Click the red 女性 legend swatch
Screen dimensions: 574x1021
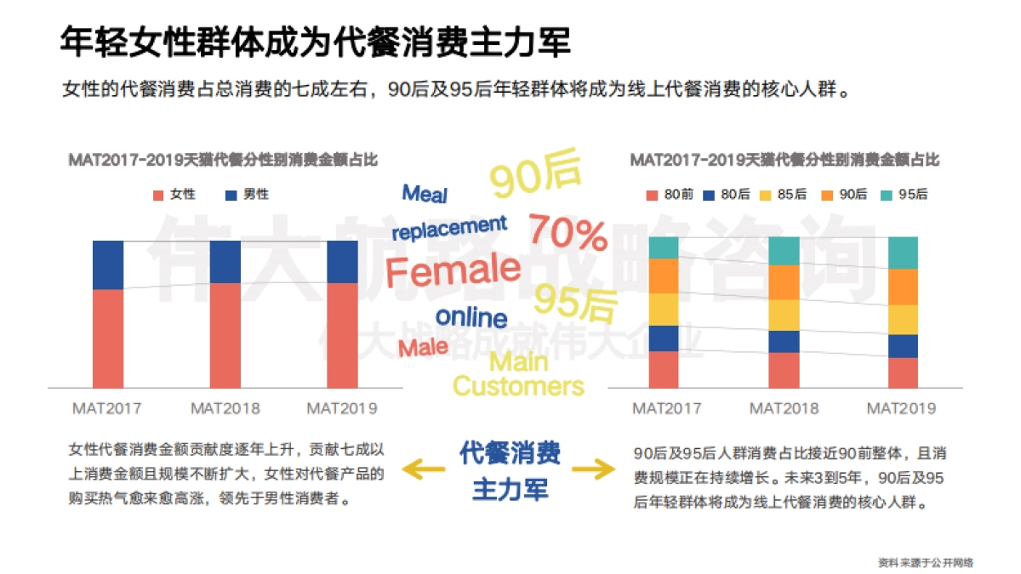click(x=158, y=195)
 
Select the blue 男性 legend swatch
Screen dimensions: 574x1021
click(x=231, y=195)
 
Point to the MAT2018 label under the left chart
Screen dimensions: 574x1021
click(x=225, y=408)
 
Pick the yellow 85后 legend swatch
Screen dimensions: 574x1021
click(x=767, y=195)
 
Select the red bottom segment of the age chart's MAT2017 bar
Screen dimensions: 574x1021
click(x=664, y=369)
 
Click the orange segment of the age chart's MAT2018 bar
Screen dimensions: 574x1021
click(x=784, y=281)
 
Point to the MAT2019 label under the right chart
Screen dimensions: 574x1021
click(x=901, y=408)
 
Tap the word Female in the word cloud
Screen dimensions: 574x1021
click(x=453, y=271)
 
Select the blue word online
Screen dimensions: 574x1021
click(x=471, y=317)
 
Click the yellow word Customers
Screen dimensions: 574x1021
click(x=518, y=386)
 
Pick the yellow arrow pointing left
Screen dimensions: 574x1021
click(x=423, y=468)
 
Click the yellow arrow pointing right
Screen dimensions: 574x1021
click(x=593, y=468)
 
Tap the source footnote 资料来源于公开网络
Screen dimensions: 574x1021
click(x=926, y=562)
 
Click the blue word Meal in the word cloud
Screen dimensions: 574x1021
click(x=425, y=194)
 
